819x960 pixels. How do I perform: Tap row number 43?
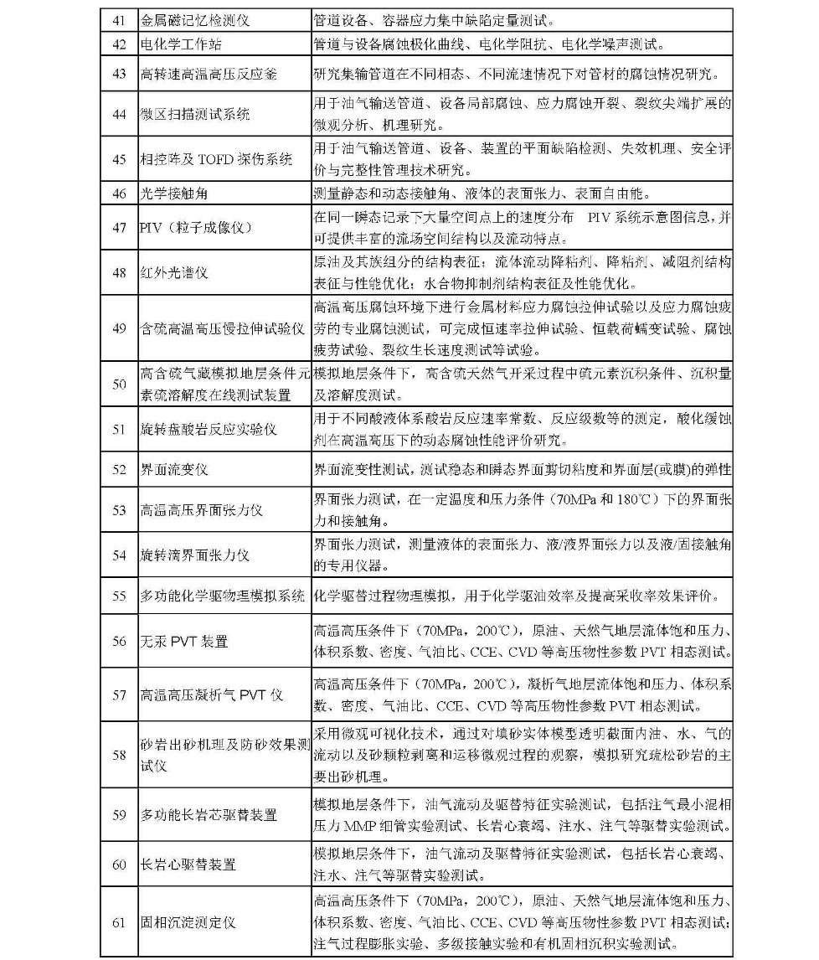[x=119, y=74]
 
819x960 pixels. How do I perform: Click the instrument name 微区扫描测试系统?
[x=194, y=115]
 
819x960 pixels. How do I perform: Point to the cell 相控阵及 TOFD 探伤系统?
[x=215, y=159]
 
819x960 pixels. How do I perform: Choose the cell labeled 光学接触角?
[x=173, y=194]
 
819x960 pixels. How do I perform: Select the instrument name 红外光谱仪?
[x=173, y=272]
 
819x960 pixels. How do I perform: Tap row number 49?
[x=119, y=328]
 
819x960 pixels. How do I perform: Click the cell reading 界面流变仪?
[x=173, y=470]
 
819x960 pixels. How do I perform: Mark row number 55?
[x=119, y=596]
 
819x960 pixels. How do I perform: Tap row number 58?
[x=119, y=755]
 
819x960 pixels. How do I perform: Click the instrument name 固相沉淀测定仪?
[x=188, y=922]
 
